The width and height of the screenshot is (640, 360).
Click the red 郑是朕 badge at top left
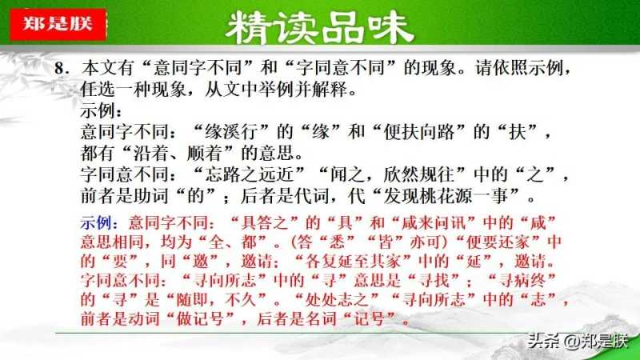point(58,24)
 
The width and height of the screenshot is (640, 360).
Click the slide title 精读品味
point(319,27)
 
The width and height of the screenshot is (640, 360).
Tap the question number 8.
point(62,68)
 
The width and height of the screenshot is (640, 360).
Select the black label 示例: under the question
point(101,110)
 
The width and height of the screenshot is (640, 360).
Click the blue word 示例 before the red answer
point(95,223)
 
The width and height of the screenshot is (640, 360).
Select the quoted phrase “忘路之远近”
point(249,174)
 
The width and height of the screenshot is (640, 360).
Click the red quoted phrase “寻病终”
point(522,281)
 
